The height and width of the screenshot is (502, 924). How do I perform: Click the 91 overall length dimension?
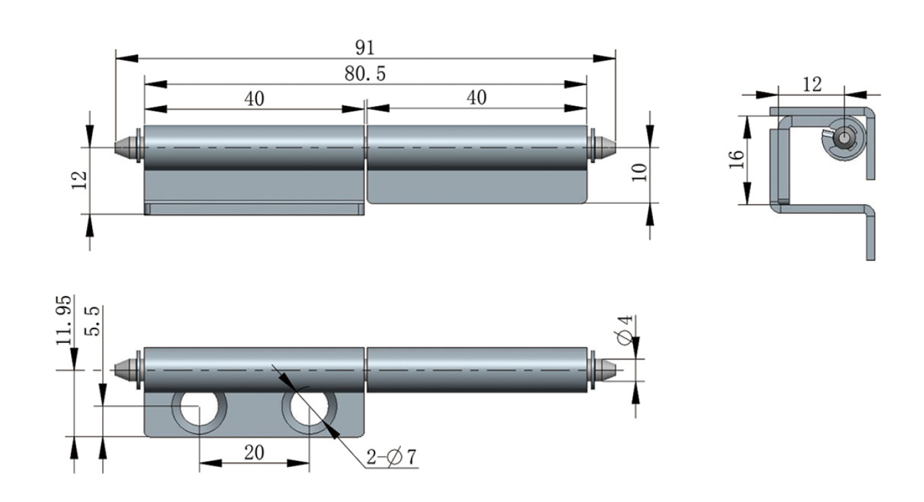click(365, 48)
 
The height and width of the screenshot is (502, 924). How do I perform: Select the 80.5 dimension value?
click(365, 74)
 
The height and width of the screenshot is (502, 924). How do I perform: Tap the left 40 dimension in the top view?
click(254, 99)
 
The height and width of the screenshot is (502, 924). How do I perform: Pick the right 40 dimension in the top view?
click(476, 98)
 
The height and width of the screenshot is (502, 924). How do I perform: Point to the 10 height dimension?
click(639, 174)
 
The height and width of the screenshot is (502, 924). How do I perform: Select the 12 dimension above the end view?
click(811, 84)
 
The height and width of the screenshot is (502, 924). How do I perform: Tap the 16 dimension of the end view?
click(736, 159)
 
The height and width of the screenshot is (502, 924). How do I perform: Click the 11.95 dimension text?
click(64, 321)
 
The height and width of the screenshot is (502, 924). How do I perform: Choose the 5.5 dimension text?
click(93, 321)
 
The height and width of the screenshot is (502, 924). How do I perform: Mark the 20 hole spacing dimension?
click(254, 452)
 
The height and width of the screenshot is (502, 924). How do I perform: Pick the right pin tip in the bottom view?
click(607, 368)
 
